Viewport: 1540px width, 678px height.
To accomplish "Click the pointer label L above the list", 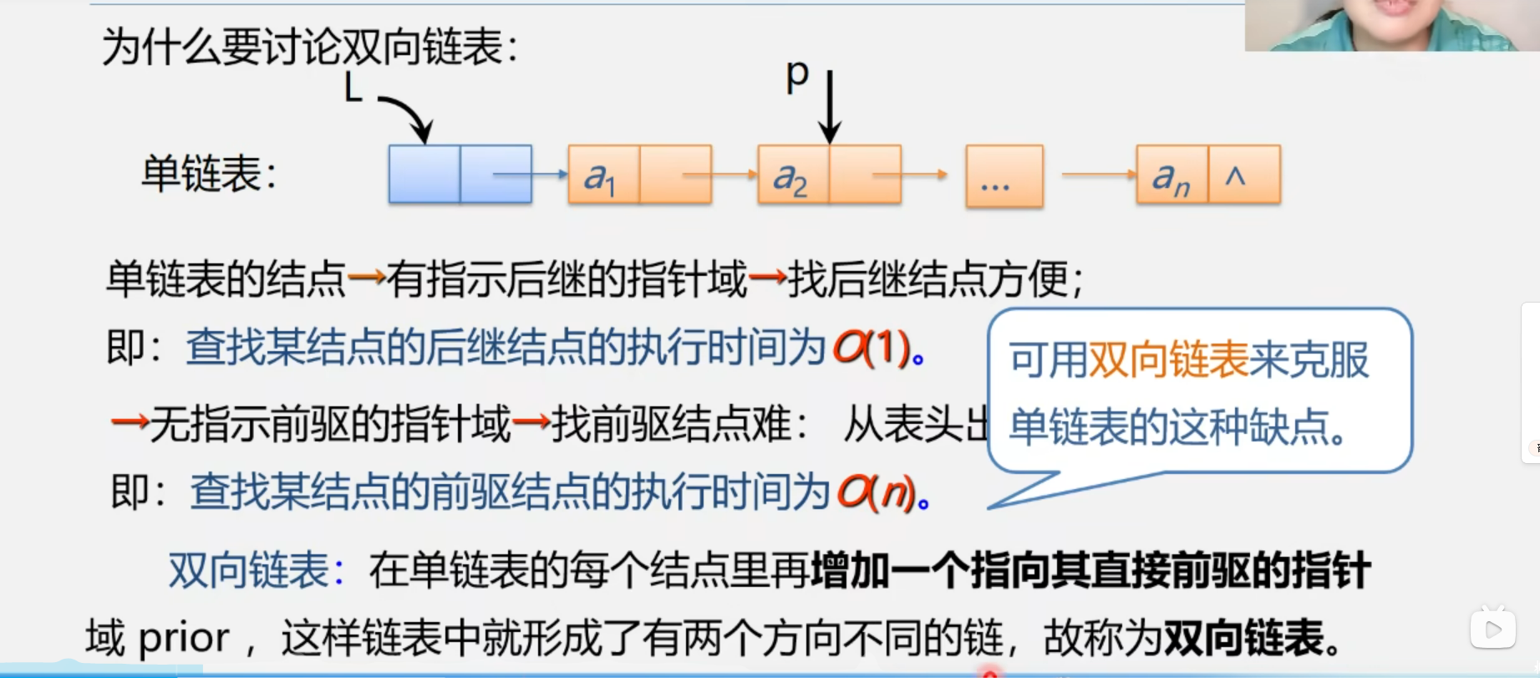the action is click(353, 87).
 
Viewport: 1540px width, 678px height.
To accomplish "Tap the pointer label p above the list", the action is click(798, 75).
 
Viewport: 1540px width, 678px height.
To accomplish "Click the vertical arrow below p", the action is click(830, 107).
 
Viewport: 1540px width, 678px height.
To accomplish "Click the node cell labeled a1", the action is click(603, 176).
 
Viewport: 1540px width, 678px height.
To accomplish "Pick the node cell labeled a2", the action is click(792, 176).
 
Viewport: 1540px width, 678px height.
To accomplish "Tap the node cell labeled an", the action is click(1172, 176).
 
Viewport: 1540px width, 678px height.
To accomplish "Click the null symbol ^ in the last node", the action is click(1236, 176).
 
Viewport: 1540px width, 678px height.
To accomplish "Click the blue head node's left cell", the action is click(424, 174).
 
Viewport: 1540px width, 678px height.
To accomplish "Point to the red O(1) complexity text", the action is click(871, 347).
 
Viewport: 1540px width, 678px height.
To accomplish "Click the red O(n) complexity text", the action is click(876, 492).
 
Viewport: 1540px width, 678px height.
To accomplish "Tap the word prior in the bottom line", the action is click(183, 639).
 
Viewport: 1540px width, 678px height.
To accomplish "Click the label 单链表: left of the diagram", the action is click(209, 174).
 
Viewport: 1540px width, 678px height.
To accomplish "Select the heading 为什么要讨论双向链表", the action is click(310, 47).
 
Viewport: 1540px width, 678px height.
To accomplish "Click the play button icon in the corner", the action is click(1493, 628).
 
